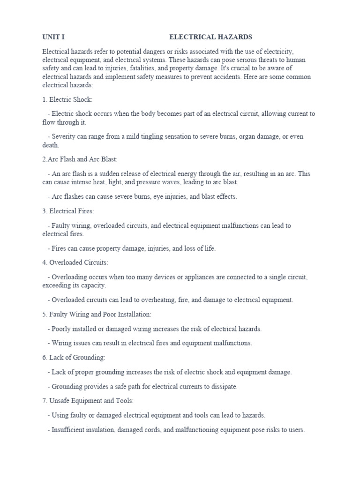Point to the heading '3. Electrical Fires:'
[68, 211]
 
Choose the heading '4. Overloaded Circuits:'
[75, 262]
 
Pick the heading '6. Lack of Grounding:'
[74, 358]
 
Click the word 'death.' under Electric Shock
[50, 145]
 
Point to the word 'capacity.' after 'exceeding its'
[93, 285]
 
